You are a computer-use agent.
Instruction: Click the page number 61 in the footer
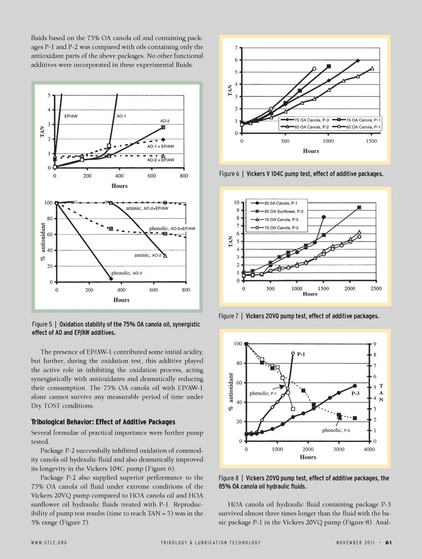(x=388, y=542)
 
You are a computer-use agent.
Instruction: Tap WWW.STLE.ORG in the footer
(x=49, y=543)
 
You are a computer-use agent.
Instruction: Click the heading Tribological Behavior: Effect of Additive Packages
(x=103, y=422)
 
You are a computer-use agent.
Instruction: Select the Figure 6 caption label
(x=229, y=174)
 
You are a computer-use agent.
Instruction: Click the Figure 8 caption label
(x=229, y=478)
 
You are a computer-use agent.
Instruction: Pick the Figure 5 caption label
(x=42, y=324)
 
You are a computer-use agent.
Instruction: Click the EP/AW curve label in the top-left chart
(x=71, y=116)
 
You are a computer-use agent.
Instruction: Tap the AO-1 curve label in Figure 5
(x=121, y=116)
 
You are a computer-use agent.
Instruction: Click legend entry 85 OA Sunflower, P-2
(x=284, y=212)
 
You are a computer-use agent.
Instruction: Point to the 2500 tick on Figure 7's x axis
(x=376, y=289)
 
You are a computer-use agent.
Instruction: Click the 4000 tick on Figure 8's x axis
(x=369, y=449)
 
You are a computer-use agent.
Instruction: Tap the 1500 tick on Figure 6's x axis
(x=371, y=141)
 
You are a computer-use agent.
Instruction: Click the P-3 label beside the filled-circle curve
(x=355, y=393)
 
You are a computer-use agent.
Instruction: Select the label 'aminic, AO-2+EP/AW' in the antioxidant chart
(x=147, y=208)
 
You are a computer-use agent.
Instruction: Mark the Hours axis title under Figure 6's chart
(x=311, y=151)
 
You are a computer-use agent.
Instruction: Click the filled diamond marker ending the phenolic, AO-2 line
(x=111, y=279)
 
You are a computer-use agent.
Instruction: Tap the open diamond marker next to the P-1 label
(x=293, y=354)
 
